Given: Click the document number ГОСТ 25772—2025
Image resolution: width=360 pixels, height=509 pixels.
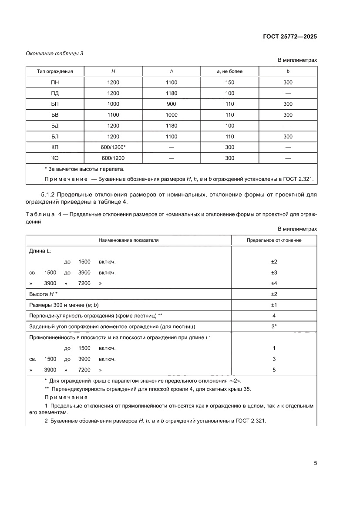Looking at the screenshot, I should tap(289, 37).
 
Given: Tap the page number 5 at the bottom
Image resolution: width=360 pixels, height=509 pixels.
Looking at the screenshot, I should tap(315, 463).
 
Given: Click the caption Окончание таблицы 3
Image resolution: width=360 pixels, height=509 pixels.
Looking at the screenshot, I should tap(54, 54).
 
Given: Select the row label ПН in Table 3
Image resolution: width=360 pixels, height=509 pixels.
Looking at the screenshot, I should tap(55, 82).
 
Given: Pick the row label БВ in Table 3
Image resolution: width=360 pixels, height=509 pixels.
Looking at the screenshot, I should tap(55, 115).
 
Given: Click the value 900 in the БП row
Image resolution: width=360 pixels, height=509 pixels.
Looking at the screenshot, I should tap(172, 104).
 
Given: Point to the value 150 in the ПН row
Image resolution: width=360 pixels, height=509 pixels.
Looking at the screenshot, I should tap(230, 82).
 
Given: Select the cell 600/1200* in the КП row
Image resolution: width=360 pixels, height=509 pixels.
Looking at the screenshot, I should tap(113, 147).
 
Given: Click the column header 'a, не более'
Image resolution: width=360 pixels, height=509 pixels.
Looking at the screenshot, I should tap(230, 71).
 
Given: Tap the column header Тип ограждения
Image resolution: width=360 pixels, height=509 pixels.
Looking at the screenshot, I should tap(55, 71).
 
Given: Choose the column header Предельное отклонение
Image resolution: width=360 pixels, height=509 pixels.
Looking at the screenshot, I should tap(274, 240).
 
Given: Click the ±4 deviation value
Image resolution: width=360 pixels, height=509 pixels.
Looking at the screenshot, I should tap(274, 283).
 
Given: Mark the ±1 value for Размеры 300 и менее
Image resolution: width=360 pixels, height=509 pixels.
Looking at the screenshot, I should tap(274, 305).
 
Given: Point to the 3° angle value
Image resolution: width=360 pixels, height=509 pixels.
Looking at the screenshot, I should tap(274, 326).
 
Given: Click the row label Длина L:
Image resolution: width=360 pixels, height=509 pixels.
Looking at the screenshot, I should tap(40, 251).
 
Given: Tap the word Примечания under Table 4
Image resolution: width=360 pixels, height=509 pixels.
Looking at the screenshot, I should tap(66, 398).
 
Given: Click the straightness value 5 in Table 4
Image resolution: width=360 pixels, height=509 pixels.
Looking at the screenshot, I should tap(274, 370).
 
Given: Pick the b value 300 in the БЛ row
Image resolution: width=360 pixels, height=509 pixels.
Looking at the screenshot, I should tap(288, 136).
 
